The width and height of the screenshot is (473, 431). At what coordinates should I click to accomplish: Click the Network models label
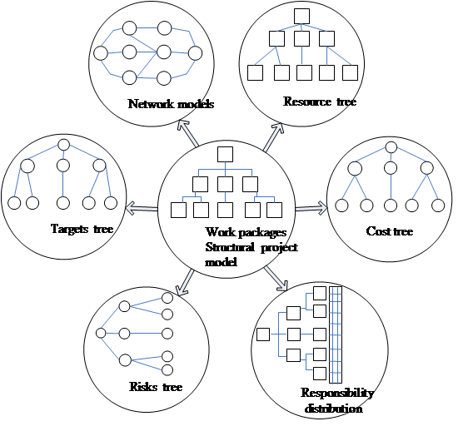click(x=171, y=104)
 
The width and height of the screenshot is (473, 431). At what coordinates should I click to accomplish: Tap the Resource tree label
click(x=320, y=102)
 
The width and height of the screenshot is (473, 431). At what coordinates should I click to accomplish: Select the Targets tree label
click(x=82, y=229)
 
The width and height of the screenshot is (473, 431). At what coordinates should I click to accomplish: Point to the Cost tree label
click(x=390, y=231)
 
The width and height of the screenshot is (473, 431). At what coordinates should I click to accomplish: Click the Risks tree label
click(x=156, y=386)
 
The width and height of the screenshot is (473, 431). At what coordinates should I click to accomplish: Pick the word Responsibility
click(x=337, y=393)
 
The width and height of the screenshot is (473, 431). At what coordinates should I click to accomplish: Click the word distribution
click(x=334, y=409)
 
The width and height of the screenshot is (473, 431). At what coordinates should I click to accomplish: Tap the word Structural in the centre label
click(x=230, y=247)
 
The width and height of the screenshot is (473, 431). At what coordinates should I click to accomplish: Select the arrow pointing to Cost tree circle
click(x=311, y=208)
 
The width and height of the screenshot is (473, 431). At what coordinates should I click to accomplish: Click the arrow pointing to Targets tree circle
click(x=142, y=208)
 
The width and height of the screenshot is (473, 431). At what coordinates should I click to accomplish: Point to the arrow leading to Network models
click(x=188, y=133)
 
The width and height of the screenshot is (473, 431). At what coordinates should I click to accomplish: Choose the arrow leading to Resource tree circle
click(x=273, y=137)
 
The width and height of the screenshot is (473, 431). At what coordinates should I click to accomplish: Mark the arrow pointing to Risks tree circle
click(x=185, y=282)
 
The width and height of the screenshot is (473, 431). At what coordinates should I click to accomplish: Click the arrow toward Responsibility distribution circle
click(x=276, y=279)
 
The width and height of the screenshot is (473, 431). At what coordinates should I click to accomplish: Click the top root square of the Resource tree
click(x=301, y=16)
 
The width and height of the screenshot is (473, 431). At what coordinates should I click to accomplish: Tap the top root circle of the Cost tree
click(x=391, y=147)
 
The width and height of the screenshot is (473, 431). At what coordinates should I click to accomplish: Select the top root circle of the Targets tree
click(x=63, y=145)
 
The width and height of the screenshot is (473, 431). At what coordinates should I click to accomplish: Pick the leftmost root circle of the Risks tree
click(x=101, y=333)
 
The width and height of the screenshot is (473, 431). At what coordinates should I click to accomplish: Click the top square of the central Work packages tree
click(x=225, y=154)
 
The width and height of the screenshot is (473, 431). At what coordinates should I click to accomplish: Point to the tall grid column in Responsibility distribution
click(x=336, y=334)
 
